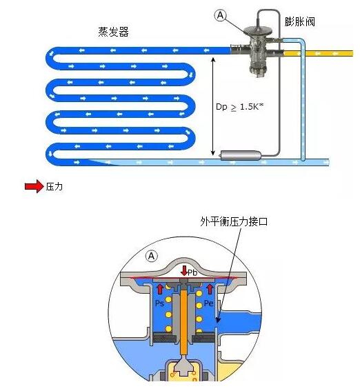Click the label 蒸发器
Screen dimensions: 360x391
(113, 32)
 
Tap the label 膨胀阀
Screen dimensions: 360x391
(300, 21)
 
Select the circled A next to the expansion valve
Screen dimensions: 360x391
(221, 15)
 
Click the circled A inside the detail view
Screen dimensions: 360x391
(152, 256)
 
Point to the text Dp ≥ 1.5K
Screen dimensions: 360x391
(239, 107)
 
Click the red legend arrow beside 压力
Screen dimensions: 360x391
(34, 186)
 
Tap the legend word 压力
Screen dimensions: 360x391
(54, 186)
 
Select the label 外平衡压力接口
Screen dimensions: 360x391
(234, 221)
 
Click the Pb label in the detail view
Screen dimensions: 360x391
(192, 272)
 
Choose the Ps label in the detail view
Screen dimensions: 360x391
(159, 303)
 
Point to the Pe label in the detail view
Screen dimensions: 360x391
(209, 303)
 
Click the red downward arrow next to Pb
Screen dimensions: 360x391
(184, 271)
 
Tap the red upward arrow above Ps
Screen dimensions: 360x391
(160, 289)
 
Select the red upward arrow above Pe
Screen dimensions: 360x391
(210, 289)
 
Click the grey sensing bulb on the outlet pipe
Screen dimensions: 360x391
(240, 155)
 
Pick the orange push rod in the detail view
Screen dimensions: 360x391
(184, 324)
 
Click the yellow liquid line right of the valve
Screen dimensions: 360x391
(319, 53)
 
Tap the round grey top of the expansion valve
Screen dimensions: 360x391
(257, 30)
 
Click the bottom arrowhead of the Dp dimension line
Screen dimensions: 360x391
(212, 154)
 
